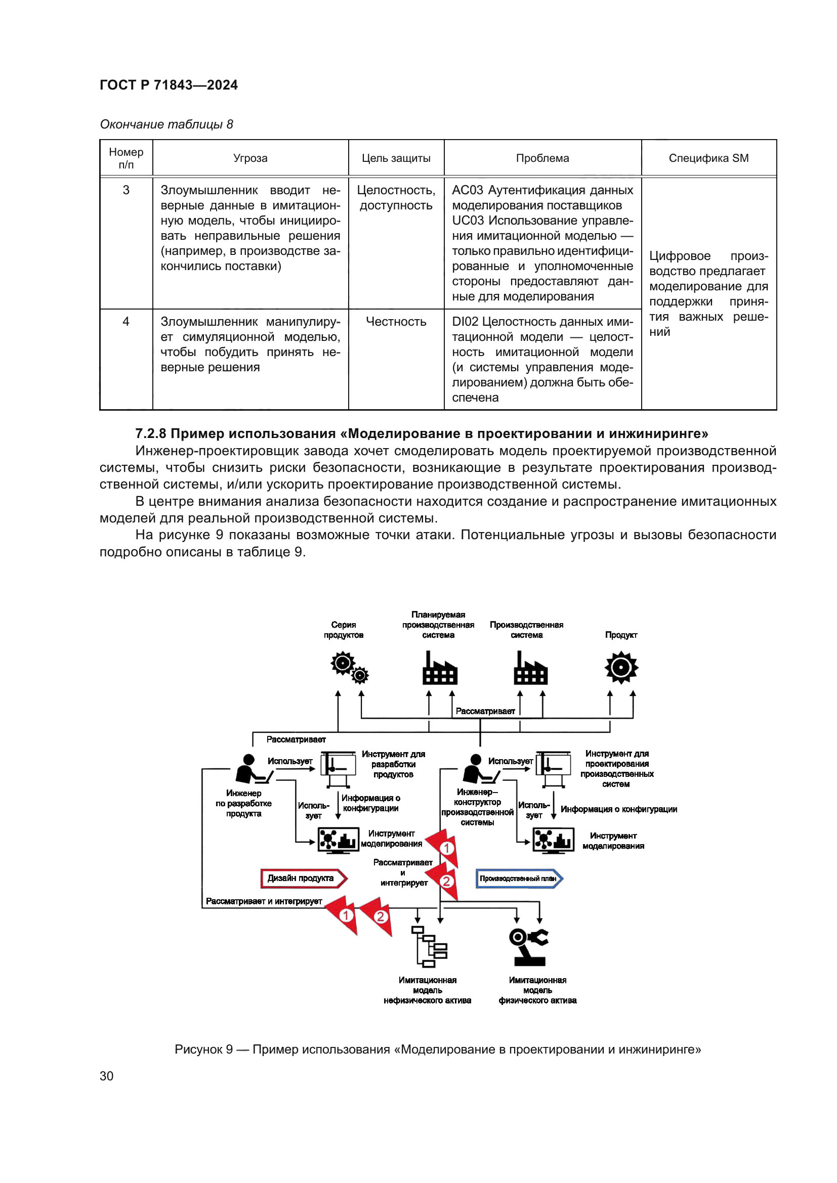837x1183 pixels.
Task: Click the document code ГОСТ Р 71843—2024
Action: [169, 85]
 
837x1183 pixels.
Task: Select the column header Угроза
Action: [250, 158]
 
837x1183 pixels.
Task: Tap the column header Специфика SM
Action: [708, 158]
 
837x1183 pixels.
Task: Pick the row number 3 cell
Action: [126, 190]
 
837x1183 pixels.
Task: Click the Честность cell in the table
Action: [396, 322]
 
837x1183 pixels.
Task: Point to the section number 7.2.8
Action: [150, 433]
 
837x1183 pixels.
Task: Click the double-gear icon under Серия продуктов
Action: [349, 667]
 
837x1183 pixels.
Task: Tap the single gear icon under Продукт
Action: [621, 668]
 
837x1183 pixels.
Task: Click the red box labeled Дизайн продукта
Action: [303, 878]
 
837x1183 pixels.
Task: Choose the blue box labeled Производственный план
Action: [519, 879]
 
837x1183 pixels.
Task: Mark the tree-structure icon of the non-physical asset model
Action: [429, 946]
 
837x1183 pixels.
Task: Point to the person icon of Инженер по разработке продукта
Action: [252, 769]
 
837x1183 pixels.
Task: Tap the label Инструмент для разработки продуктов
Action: [393, 764]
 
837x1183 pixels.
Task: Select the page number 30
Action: [107, 1076]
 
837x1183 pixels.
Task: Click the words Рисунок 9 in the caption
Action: [203, 1049]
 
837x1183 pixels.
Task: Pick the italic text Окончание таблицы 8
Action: [166, 124]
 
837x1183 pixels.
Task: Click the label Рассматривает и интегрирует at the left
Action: [263, 901]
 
